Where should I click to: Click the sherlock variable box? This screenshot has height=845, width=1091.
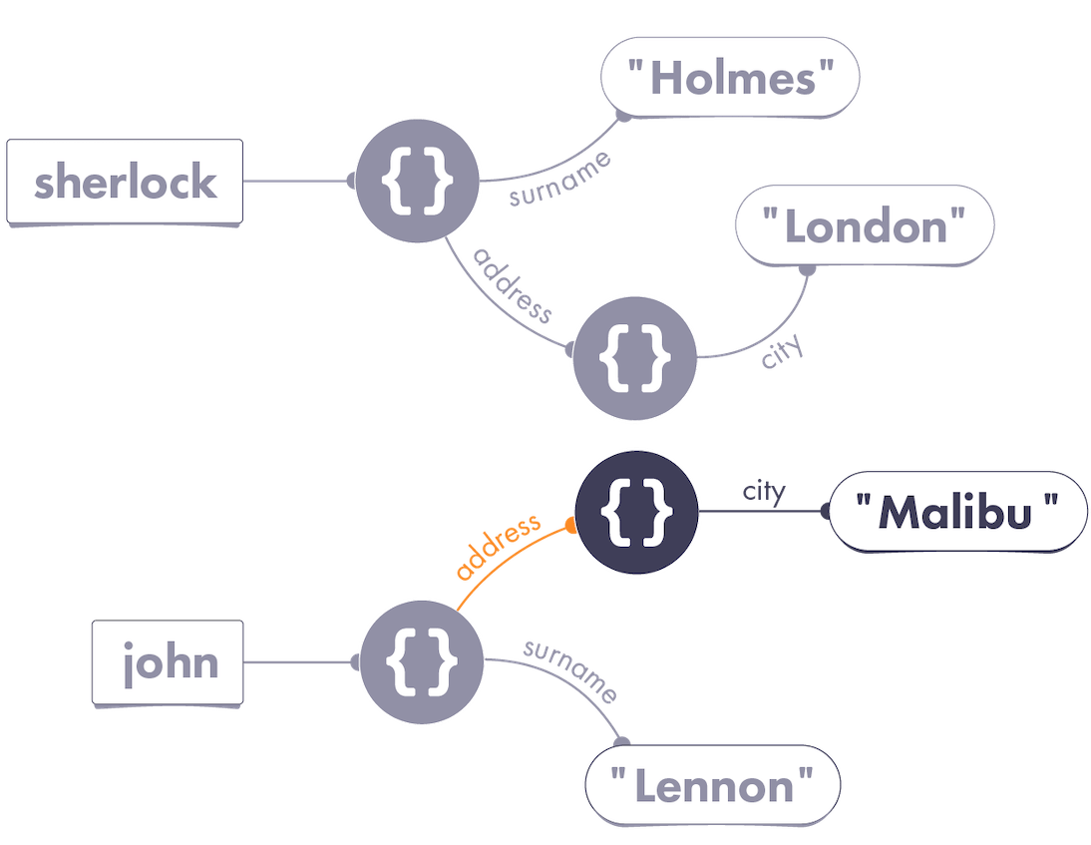tap(125, 183)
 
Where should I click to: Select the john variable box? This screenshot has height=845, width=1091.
tap(169, 662)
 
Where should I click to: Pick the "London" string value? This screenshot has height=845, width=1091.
tap(864, 227)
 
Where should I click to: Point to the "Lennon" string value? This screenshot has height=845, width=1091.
tap(712, 785)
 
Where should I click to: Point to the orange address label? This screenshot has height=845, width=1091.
tap(497, 547)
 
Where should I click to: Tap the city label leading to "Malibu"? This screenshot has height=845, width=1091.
tap(764, 491)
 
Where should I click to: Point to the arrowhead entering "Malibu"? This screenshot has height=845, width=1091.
tap(824, 512)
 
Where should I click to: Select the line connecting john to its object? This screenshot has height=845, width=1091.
tap(296, 662)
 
